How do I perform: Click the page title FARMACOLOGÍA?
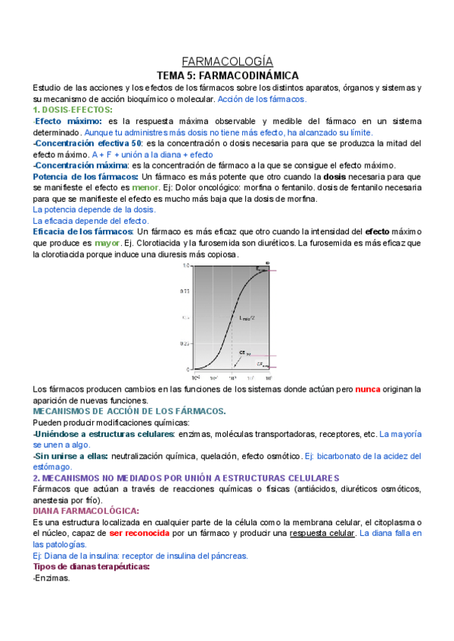(227, 61)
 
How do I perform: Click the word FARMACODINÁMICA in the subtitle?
(257, 76)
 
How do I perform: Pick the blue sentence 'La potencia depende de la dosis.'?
(94, 209)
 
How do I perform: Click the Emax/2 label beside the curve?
(248, 317)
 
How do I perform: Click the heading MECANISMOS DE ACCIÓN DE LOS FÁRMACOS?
(129, 410)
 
